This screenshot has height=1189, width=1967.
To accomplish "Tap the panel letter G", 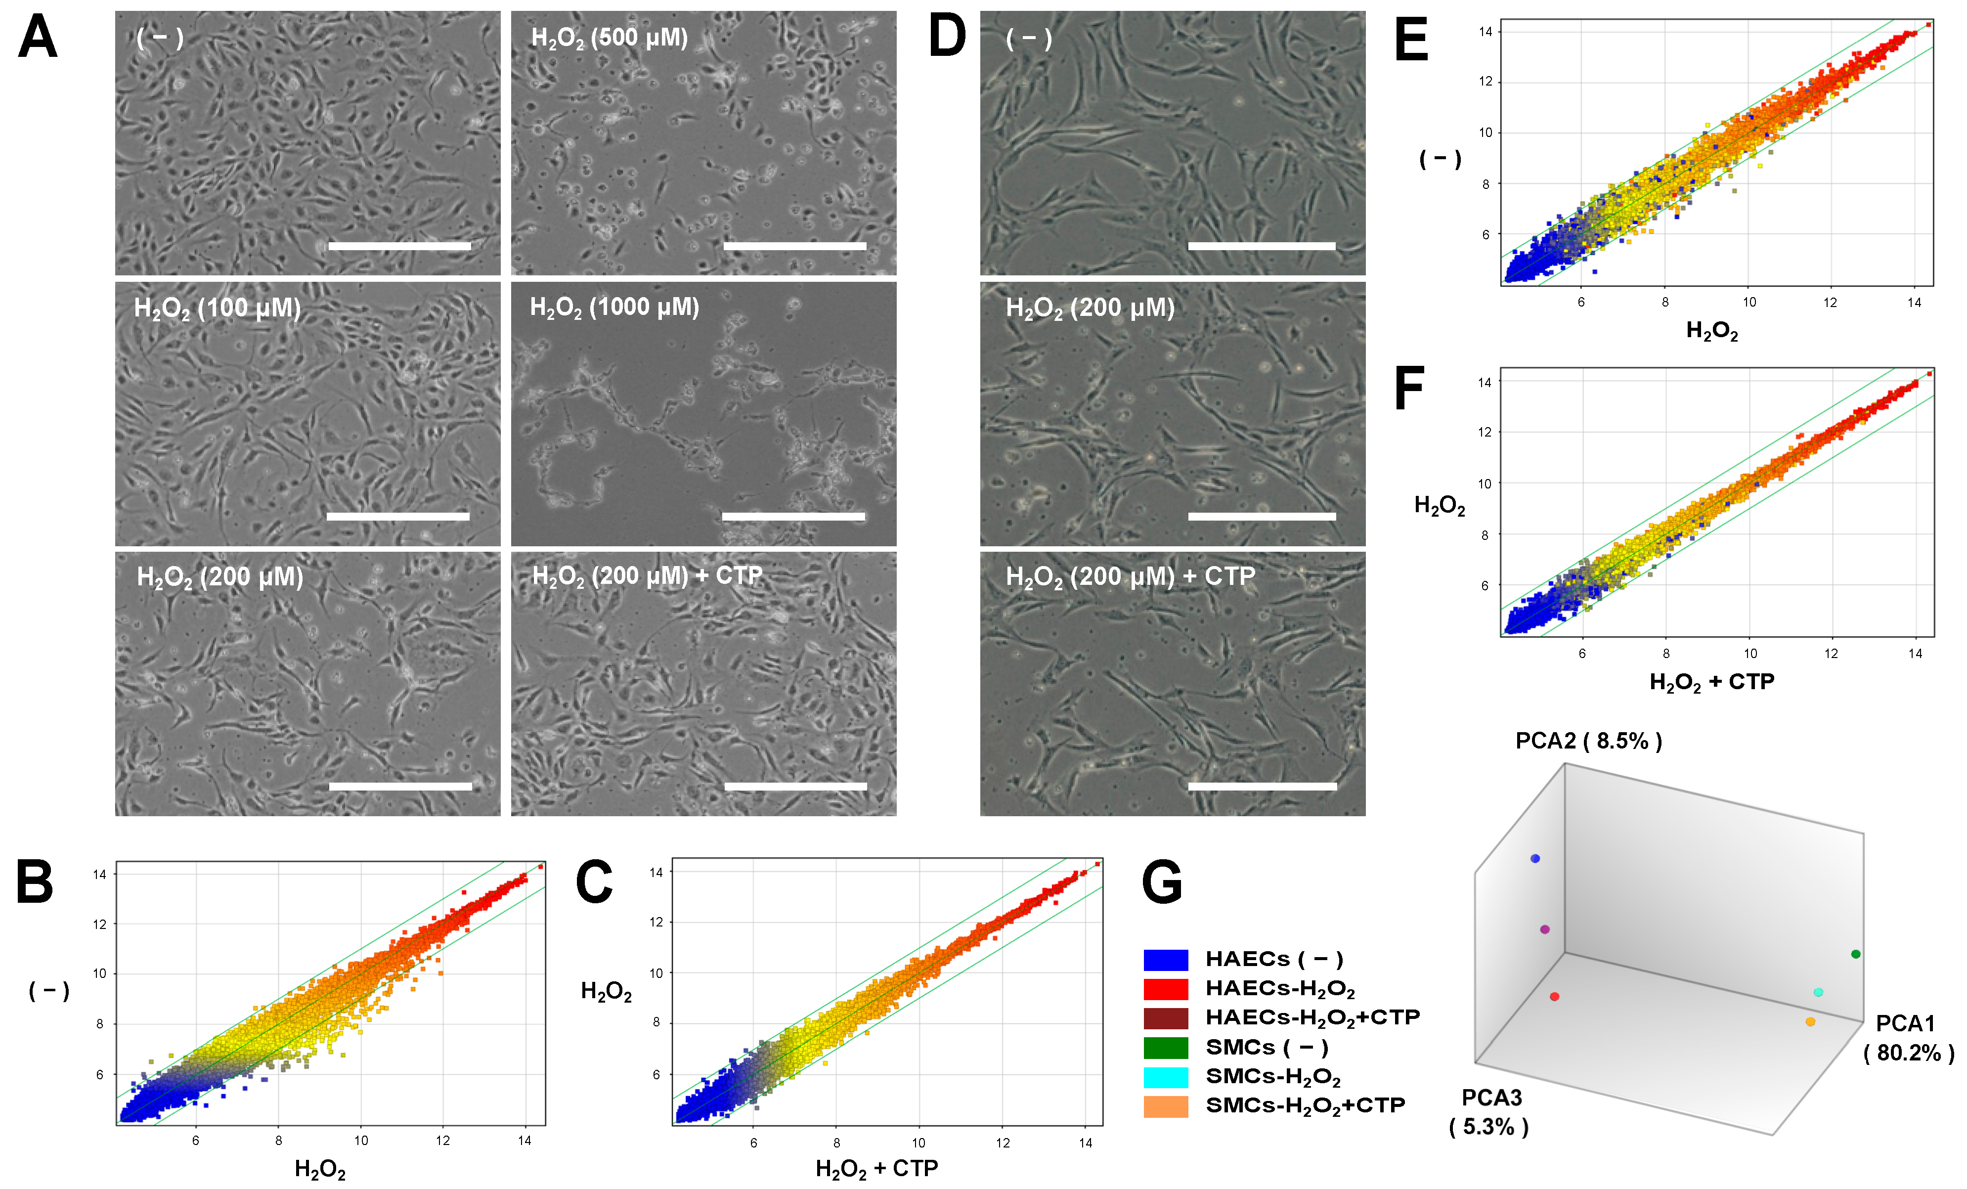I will pyautogui.click(x=1162, y=882).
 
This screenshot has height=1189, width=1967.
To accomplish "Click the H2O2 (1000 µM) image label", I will pyautogui.click(x=614, y=308).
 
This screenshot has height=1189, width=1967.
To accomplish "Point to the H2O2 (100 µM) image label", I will pyautogui.click(x=217, y=308).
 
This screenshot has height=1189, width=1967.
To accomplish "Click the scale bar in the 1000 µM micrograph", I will pyautogui.click(x=793, y=517).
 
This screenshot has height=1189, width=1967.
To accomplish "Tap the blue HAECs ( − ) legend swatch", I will pyautogui.click(x=1166, y=959).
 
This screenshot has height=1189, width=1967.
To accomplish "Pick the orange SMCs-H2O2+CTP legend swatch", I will pyautogui.click(x=1166, y=1106).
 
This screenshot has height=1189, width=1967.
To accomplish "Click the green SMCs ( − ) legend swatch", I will pyautogui.click(x=1166, y=1047).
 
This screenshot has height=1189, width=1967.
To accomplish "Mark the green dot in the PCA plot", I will pyautogui.click(x=1855, y=954).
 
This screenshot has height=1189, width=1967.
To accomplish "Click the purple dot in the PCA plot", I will pyautogui.click(x=1545, y=929).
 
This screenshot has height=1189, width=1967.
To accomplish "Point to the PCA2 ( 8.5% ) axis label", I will pyautogui.click(x=1588, y=741).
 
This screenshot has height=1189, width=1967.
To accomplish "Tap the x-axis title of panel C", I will pyautogui.click(x=875, y=1169).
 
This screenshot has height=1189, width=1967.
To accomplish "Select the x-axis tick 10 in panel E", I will pyautogui.click(x=1749, y=302).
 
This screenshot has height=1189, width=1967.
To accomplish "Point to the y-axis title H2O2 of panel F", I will pyautogui.click(x=1440, y=505).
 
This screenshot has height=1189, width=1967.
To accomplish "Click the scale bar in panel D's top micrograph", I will pyautogui.click(x=1261, y=246).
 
